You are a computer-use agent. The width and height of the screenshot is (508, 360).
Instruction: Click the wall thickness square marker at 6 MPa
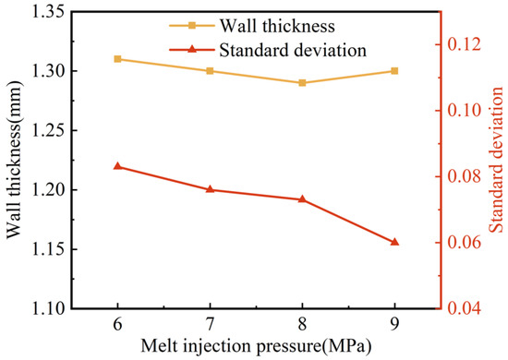tap(117, 59)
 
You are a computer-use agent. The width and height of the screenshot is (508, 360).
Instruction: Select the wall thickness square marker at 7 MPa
tap(210, 71)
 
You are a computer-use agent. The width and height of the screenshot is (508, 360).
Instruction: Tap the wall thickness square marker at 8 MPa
tap(302, 83)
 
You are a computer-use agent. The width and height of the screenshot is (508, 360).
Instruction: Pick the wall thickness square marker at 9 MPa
tap(394, 71)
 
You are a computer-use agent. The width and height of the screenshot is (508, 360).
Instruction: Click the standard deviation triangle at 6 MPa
tap(117, 166)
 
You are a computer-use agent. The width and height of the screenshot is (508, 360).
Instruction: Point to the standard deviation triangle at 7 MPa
tap(210, 189)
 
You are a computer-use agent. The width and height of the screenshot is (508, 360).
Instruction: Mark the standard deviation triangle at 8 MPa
tap(302, 199)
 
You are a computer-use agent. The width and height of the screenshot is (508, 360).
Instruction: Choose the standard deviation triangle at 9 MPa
tap(394, 242)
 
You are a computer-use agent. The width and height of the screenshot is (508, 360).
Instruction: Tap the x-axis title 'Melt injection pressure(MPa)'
tap(256, 347)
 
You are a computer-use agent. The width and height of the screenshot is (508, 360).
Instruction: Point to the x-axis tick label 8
tap(302, 325)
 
